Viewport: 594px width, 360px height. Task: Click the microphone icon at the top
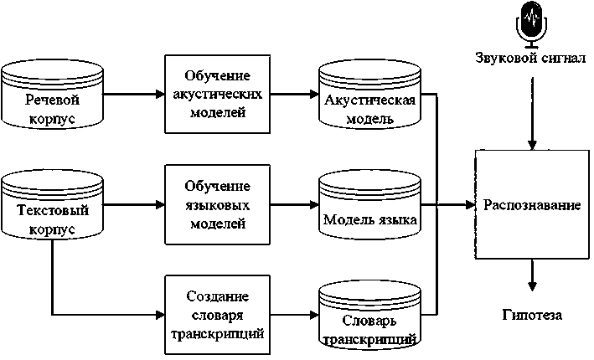click(529, 23)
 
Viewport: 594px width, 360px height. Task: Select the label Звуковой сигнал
click(529, 60)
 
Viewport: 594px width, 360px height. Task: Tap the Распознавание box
click(531, 204)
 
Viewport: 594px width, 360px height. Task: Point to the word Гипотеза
click(532, 315)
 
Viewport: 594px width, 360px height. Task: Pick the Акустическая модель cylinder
click(369, 99)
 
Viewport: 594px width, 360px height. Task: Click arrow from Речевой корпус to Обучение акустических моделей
click(134, 93)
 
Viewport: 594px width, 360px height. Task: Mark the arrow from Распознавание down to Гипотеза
click(531, 275)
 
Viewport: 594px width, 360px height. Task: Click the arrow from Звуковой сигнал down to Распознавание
click(531, 117)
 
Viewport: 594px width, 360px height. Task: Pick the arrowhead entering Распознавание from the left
click(469, 204)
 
